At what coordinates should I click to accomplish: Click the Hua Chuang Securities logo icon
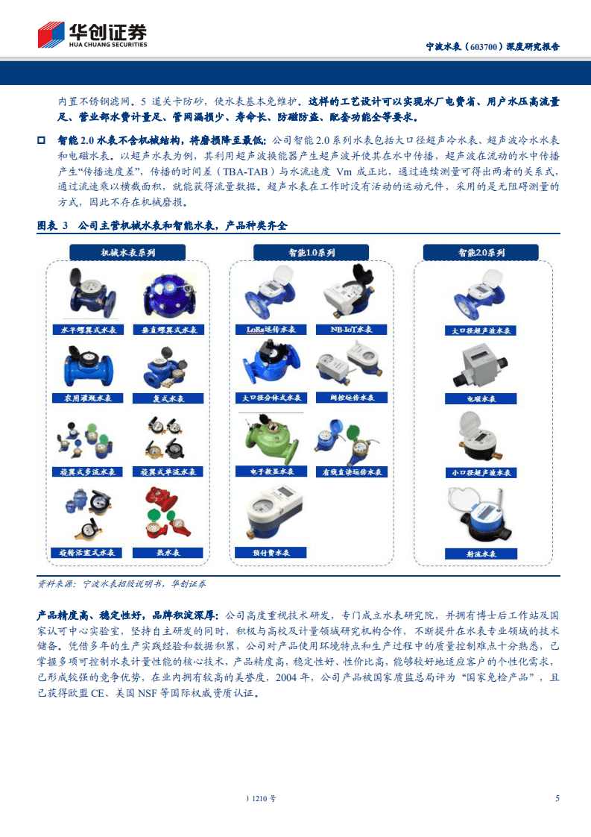[52, 36]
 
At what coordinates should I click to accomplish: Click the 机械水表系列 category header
[128, 253]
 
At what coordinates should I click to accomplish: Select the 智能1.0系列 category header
[312, 253]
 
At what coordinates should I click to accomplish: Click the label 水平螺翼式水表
[86, 329]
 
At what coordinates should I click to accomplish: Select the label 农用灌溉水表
[86, 398]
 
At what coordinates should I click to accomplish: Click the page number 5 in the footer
[557, 798]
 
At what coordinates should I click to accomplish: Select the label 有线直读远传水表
[351, 472]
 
